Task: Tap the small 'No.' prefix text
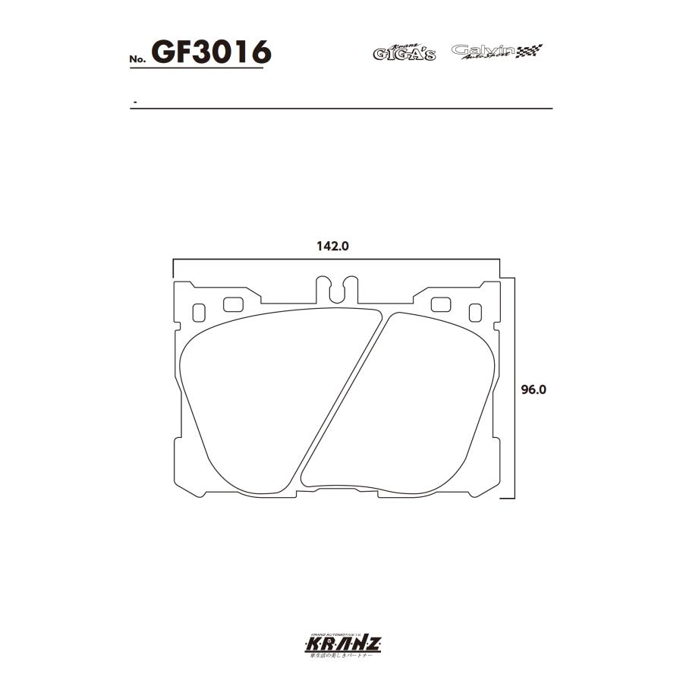pyautogui.click(x=137, y=59)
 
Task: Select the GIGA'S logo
pyautogui.click(x=404, y=52)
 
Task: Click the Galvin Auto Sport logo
pyautogui.click(x=483, y=52)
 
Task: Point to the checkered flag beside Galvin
pyautogui.click(x=530, y=52)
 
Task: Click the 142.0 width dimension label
pyautogui.click(x=331, y=246)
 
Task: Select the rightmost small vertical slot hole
pyautogui.click(x=475, y=312)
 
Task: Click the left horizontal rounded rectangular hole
pyautogui.click(x=233, y=304)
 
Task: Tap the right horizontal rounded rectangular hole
pyautogui.click(x=441, y=304)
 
